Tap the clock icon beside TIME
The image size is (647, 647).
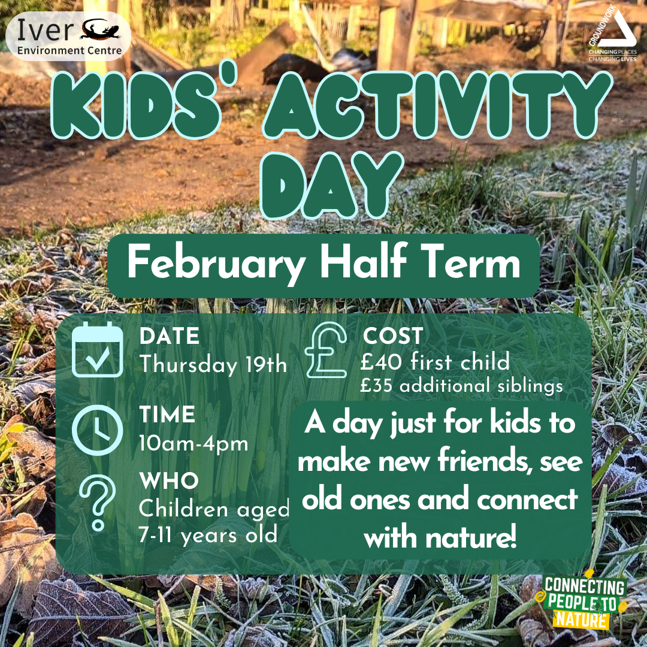pyautogui.click(x=96, y=430)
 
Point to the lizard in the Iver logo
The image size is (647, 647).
pyautogui.click(x=101, y=31)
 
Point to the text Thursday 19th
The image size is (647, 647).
pyautogui.click(x=213, y=364)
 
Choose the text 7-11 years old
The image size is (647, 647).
pyautogui.click(x=208, y=534)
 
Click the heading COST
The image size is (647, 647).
pyautogui.click(x=392, y=335)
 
